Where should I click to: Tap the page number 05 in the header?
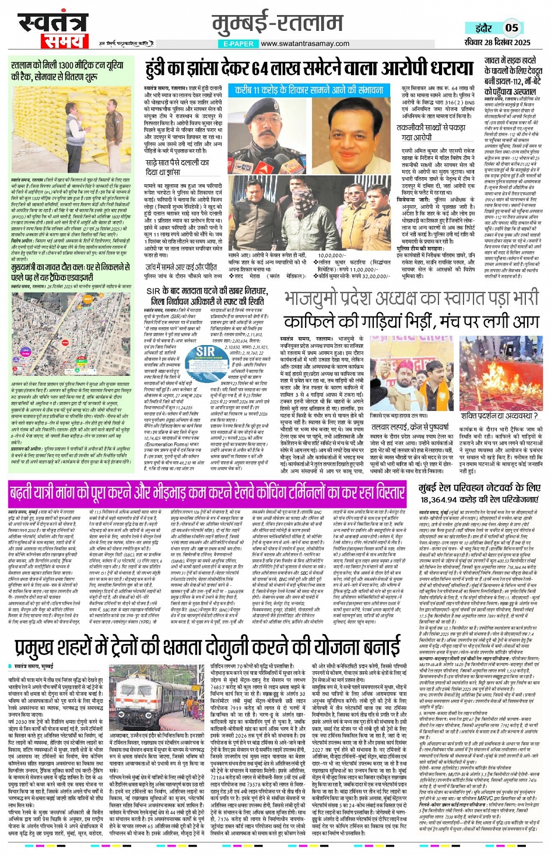point(511,27)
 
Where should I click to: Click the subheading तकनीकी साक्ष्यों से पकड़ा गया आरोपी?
point(422,132)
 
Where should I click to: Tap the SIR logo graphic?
point(205,352)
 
